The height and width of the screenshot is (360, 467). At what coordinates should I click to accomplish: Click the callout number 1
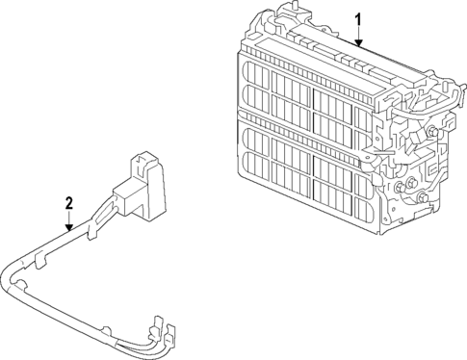[x=357, y=19]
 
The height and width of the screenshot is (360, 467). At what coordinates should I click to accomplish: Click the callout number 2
[x=68, y=202]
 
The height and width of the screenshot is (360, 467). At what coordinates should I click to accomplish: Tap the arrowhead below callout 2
[x=68, y=227]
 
